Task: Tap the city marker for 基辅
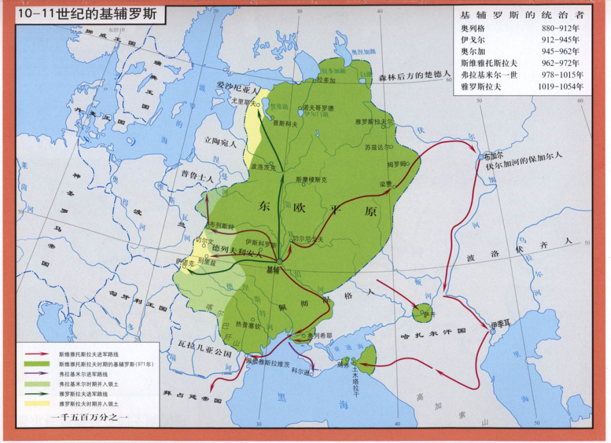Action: (279, 261)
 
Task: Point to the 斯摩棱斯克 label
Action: (311, 179)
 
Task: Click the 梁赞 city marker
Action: (394, 186)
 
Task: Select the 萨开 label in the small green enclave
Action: (428, 313)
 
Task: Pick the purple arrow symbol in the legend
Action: (37, 374)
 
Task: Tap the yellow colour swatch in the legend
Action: (37, 403)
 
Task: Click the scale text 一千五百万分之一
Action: (90, 417)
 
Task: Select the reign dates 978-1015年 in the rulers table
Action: (560, 75)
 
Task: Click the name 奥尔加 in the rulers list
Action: (473, 51)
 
